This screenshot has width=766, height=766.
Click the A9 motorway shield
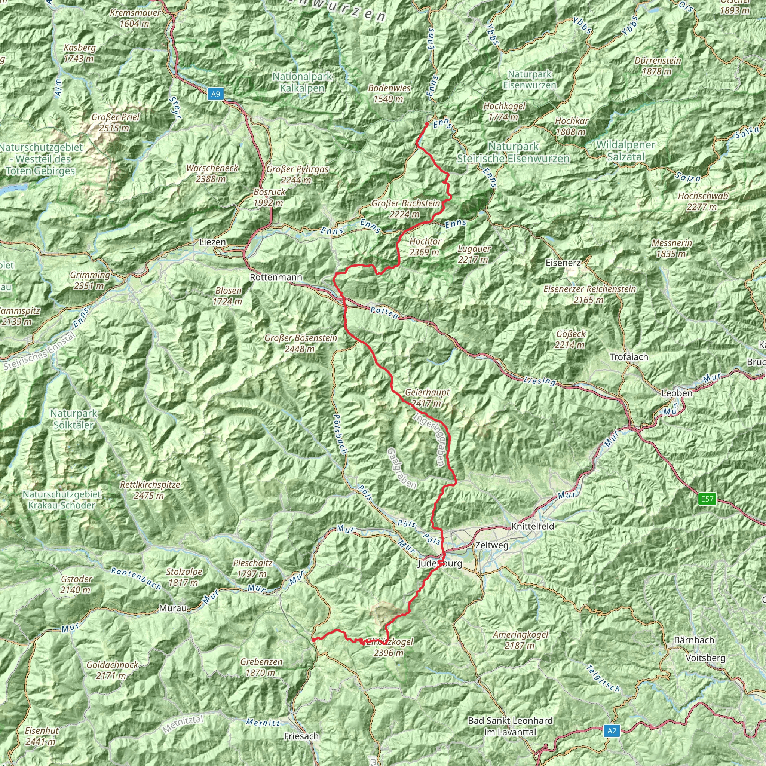[215, 94]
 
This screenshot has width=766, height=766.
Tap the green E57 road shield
[707, 499]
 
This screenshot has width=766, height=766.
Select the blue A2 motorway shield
[612, 730]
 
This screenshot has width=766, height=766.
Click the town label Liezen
[212, 242]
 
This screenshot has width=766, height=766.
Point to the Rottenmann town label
[276, 277]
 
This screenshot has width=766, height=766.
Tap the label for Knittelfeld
[533, 527]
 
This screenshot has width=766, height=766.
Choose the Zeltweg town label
[491, 545]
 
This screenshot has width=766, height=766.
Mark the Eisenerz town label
[563, 263]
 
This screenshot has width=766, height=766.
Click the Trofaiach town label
[629, 357]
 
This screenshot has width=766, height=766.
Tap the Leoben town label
[677, 393]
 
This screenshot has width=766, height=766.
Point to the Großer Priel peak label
[115, 123]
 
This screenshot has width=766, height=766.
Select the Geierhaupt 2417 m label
[427, 398]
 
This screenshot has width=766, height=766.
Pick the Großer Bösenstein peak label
[301, 343]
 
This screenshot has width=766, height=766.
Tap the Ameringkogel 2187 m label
[521, 640]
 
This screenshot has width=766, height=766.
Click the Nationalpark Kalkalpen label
[302, 82]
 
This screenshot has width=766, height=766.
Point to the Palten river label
[384, 313]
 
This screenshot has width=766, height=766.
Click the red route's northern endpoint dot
[427, 124]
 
